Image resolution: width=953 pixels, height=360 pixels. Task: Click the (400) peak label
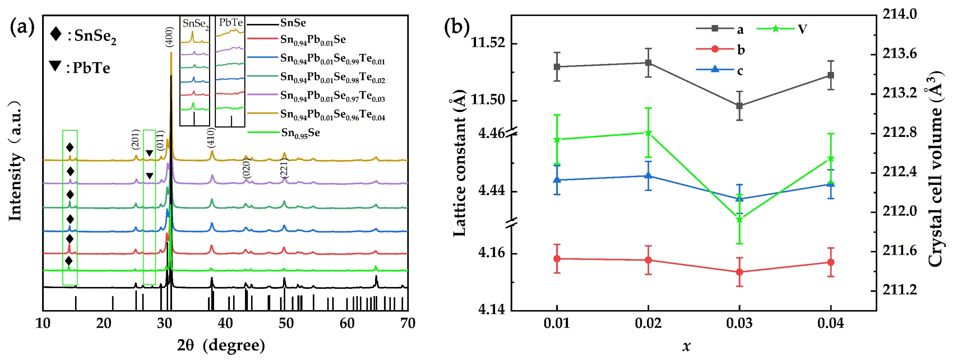coord(169,37)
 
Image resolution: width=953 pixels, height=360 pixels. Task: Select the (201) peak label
coord(135,140)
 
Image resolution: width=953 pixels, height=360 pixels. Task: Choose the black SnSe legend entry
coord(293,23)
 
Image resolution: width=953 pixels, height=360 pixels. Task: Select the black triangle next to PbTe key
coord(55,66)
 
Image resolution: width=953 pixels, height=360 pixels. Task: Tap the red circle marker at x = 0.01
coord(557,259)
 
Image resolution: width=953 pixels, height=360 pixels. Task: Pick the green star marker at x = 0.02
coord(648,133)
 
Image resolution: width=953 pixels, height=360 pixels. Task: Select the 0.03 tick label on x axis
coord(739,323)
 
